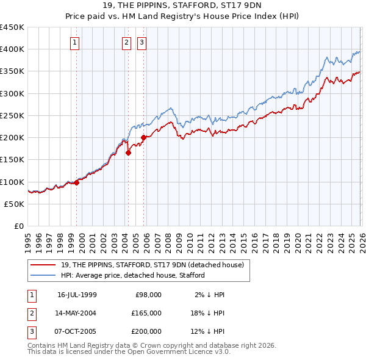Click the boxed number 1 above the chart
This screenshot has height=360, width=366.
pyautogui.click(x=74, y=43)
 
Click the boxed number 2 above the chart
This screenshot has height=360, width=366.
pyautogui.click(x=126, y=43)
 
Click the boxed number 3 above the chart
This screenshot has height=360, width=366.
pyautogui.click(x=142, y=43)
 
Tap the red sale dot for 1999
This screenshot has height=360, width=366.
pyautogui.click(x=77, y=182)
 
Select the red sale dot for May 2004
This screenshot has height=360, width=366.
pyautogui.click(x=129, y=153)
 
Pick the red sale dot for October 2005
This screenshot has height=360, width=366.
pyautogui.click(x=144, y=137)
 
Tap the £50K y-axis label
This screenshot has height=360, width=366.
pyautogui.click(x=15, y=204)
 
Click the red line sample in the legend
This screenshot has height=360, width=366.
pyautogui.click(x=44, y=265)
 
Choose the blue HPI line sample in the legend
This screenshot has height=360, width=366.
pyautogui.click(x=44, y=275)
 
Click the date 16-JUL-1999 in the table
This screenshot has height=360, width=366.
pyautogui.click(x=77, y=295)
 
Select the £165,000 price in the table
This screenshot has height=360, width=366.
pyautogui.click(x=146, y=313)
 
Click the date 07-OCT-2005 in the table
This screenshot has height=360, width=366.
pyautogui.click(x=77, y=331)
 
